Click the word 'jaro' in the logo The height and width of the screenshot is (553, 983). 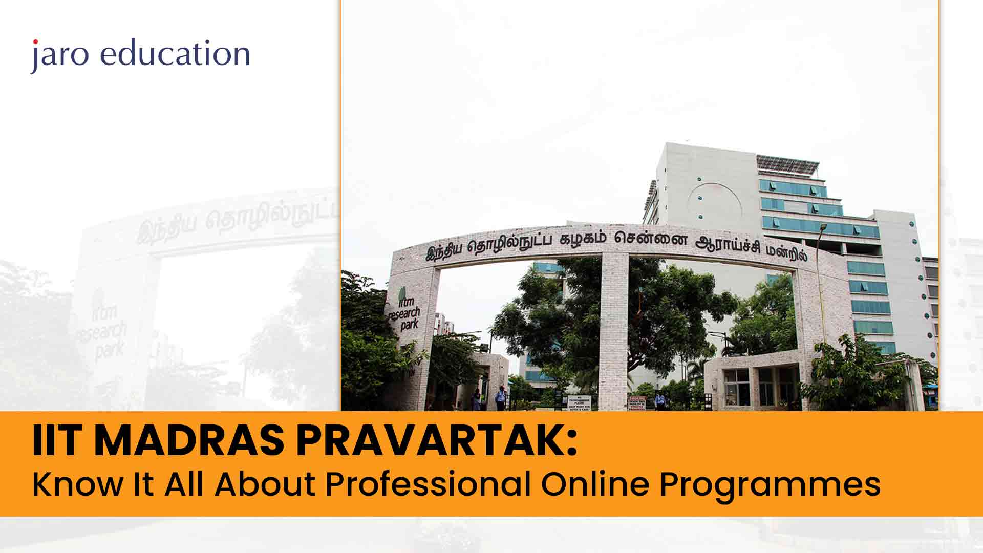click(x=59, y=55)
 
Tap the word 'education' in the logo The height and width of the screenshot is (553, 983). click(x=175, y=53)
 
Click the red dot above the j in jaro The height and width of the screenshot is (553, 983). click(x=35, y=41)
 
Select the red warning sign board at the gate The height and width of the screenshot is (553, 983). click(x=637, y=403)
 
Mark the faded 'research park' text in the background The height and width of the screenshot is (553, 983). click(x=102, y=333)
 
